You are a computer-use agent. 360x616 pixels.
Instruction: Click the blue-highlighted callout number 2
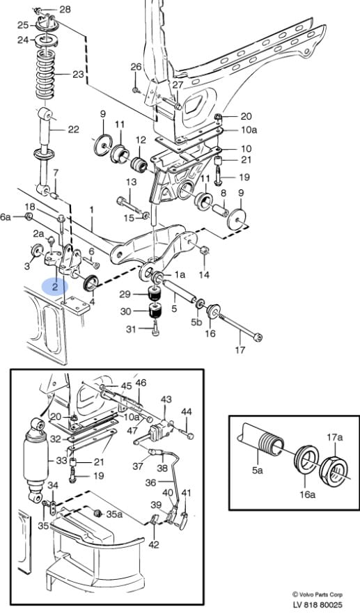[x=54, y=287]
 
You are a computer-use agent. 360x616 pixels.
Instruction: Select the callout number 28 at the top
[x=65, y=8]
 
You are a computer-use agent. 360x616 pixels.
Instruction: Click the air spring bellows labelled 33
[x=36, y=459]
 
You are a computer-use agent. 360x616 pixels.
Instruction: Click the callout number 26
[x=136, y=67]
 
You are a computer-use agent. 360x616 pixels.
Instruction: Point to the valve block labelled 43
[x=160, y=428]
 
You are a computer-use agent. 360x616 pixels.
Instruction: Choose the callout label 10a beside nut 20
[x=249, y=130]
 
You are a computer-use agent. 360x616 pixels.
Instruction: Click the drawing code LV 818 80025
[x=318, y=605]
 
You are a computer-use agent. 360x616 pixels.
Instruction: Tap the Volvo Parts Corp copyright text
[x=317, y=594]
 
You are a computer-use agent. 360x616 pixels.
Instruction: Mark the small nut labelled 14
[x=204, y=250]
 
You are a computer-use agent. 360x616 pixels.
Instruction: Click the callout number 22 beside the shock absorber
[x=74, y=129]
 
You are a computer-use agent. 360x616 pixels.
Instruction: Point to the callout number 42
[x=154, y=544]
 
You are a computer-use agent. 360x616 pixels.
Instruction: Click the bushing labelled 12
[x=139, y=164]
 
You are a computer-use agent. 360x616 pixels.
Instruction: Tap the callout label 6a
[x=6, y=217]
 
